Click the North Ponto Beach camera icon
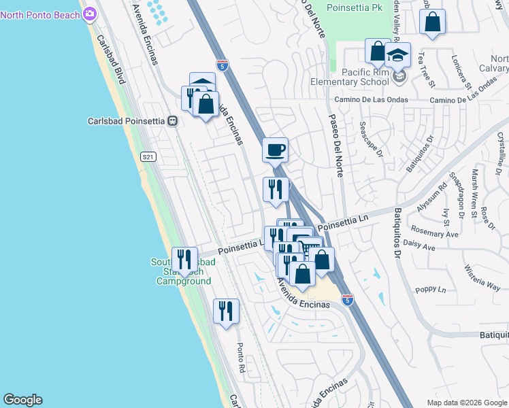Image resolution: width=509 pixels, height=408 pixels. [90, 14]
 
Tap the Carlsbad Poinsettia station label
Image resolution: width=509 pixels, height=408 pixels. [127, 121]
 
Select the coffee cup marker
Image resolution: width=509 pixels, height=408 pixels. [275, 150]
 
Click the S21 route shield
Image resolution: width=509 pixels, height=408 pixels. [148, 157]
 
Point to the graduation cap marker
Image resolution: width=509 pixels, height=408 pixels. [397, 54]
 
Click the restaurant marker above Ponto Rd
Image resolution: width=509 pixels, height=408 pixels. [226, 311]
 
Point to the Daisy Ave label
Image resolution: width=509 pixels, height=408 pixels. [419, 248]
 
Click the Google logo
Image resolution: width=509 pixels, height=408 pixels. [22, 400]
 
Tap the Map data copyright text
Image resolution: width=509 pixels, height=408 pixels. [467, 403]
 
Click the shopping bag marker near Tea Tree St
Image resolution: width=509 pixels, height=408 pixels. [432, 22]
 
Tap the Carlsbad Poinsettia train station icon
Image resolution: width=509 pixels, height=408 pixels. [173, 121]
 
